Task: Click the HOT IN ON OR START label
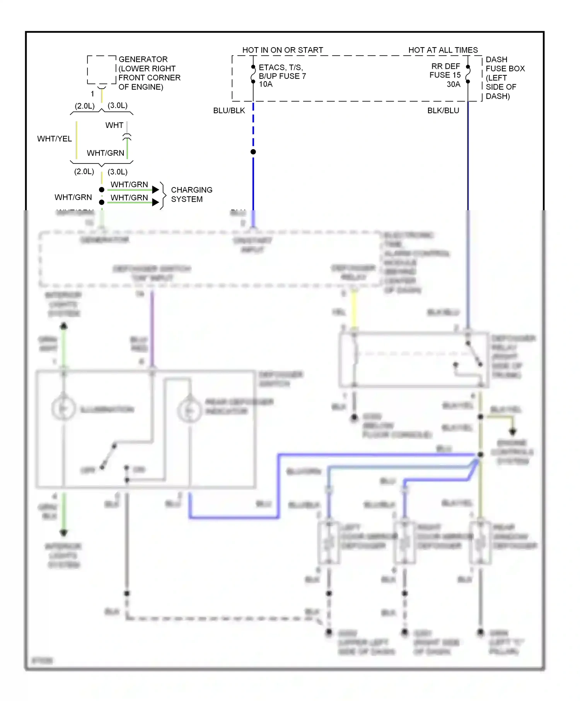(282, 50)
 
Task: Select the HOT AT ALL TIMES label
(443, 50)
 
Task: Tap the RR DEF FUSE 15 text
(445, 71)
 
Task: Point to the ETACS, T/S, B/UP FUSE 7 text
(282, 72)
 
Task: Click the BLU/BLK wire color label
(229, 111)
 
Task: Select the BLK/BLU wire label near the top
(443, 111)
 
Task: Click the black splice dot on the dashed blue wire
(253, 152)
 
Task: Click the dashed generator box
(101, 70)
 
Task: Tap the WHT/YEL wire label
(55, 139)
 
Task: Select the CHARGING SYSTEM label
(191, 194)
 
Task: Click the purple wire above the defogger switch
(152, 328)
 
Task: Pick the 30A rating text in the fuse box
(453, 84)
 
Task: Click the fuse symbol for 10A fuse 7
(253, 74)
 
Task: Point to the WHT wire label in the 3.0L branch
(114, 125)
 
